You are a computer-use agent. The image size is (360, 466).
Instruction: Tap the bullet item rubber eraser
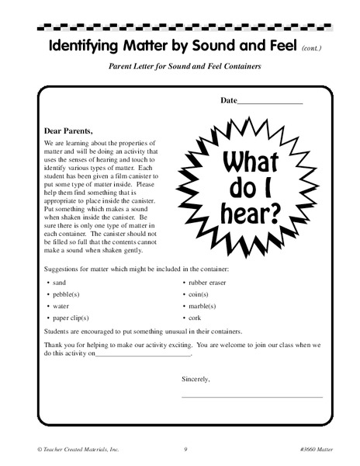(x=207, y=283)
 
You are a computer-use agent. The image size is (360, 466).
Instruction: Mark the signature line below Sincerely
(x=251, y=396)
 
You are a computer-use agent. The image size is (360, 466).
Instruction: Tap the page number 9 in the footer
(x=185, y=449)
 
